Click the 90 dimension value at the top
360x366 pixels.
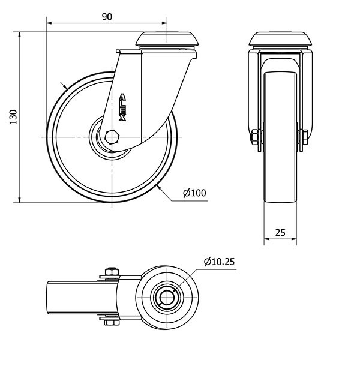pyautogui.click(x=107, y=17)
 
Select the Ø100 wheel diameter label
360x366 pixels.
pyautogui.click(x=194, y=193)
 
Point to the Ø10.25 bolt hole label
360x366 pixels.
pyautogui.click(x=220, y=262)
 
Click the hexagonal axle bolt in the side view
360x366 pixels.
pyautogui.click(x=112, y=137)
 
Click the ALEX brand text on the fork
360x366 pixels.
pyautogui.click(x=122, y=107)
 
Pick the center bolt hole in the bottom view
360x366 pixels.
pyautogui.click(x=165, y=296)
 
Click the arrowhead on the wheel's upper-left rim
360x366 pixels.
pyautogui.click(x=64, y=84)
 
